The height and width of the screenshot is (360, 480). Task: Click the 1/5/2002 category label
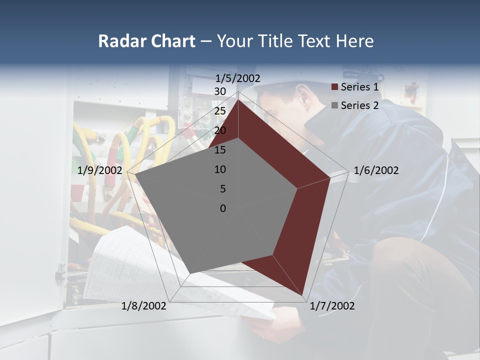[238, 78]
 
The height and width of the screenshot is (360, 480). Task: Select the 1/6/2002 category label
[376, 170]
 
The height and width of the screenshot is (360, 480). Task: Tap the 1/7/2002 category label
[332, 306]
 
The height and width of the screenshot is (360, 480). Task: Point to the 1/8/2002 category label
[144, 306]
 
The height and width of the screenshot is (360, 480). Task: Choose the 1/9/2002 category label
[100, 170]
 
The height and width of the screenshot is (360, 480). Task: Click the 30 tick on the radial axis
[220, 91]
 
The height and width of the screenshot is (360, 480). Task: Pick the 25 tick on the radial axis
[220, 111]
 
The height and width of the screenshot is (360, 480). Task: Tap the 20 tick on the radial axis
[220, 130]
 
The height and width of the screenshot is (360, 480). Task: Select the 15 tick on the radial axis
[220, 150]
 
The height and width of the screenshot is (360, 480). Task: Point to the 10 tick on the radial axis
[220, 169]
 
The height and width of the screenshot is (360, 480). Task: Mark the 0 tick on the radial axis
[223, 208]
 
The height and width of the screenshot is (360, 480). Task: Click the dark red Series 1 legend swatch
[335, 87]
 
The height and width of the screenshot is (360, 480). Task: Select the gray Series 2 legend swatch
[335, 105]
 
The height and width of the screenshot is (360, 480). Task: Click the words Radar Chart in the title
[146, 41]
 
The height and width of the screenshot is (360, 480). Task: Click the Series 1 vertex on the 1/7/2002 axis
[302, 295]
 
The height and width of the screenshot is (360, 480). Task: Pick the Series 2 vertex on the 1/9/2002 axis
[134, 174]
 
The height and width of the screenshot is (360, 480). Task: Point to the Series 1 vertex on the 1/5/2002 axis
[238, 99]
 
